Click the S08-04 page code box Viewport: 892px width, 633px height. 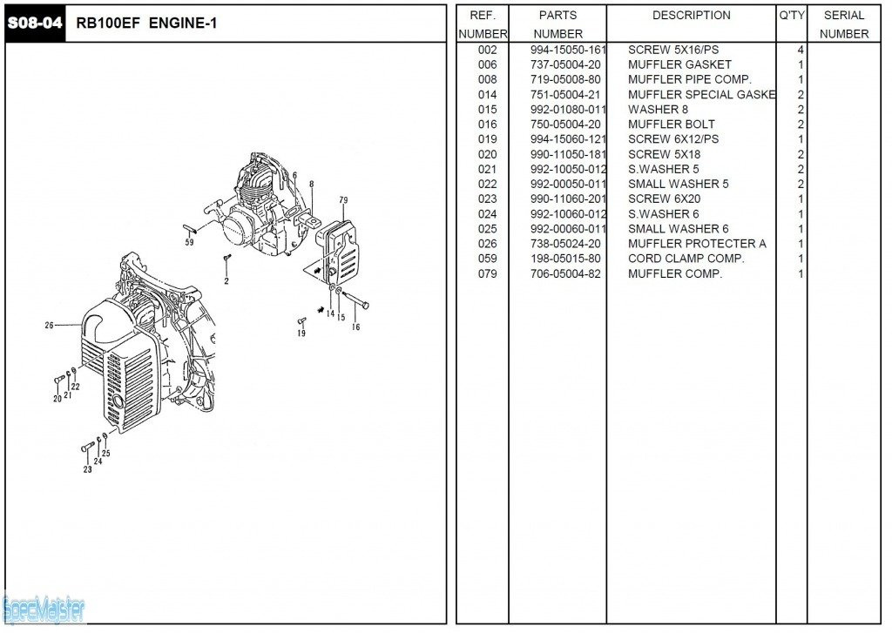[x=35, y=24]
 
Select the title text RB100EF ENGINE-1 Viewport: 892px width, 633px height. [x=146, y=24]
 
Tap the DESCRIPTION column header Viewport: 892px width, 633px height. [x=691, y=15]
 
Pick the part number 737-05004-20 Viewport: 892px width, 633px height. [x=564, y=64]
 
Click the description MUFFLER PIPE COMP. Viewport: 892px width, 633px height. [x=689, y=79]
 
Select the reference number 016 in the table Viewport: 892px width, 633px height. [x=487, y=125]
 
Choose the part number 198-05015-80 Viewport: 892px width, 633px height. [x=564, y=259]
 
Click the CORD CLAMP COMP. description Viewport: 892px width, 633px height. [x=686, y=259]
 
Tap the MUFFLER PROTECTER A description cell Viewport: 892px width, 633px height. [x=697, y=244]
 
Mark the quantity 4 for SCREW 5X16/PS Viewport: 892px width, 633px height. [x=800, y=50]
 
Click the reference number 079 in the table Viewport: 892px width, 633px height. [x=487, y=274]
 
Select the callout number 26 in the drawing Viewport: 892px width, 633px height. [x=50, y=325]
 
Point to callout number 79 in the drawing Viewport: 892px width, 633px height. [x=343, y=200]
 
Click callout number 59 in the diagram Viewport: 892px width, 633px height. [x=189, y=242]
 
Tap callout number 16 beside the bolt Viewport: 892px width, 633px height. [x=355, y=327]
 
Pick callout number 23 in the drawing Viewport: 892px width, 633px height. [x=87, y=469]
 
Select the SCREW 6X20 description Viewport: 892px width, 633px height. [x=664, y=199]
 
